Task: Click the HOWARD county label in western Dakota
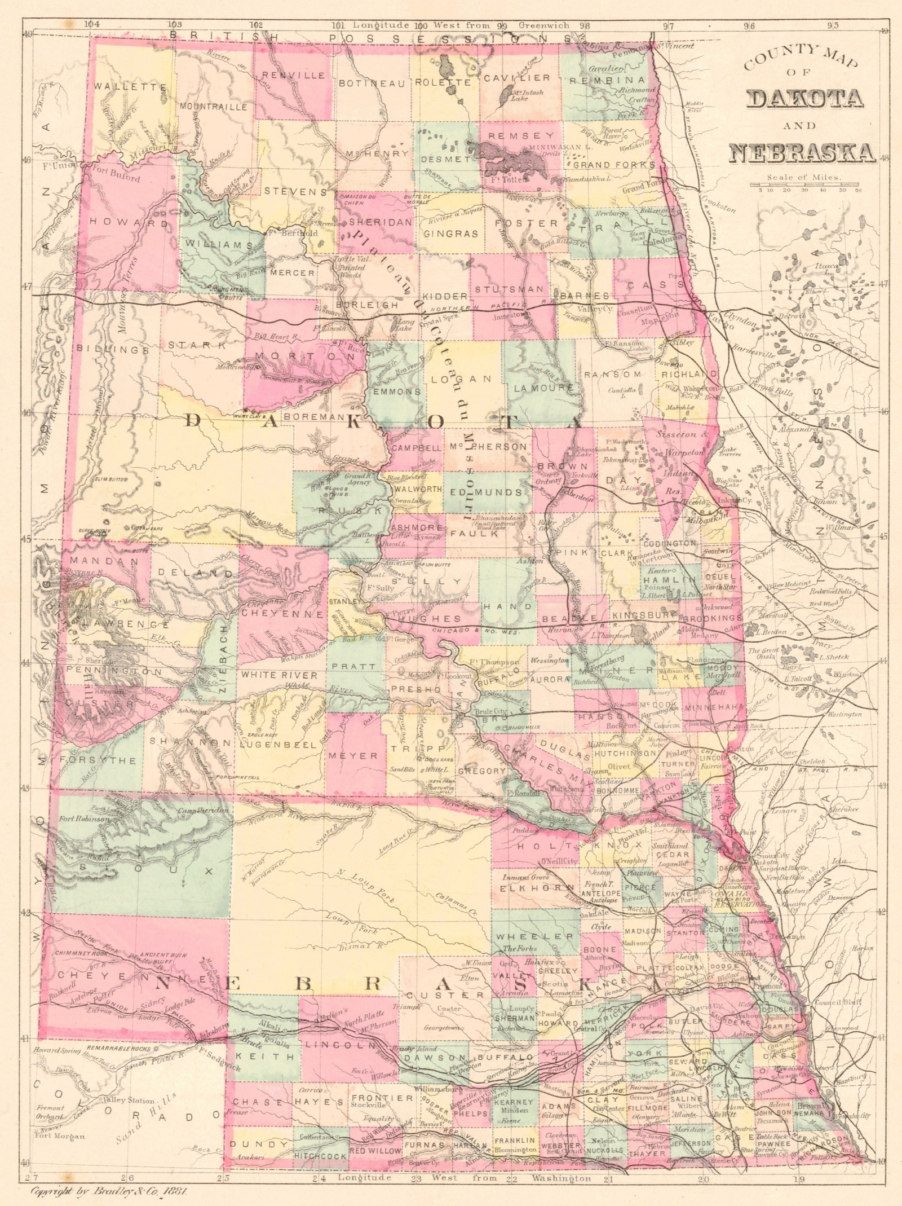coord(129,223)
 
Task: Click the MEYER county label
coord(356,755)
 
